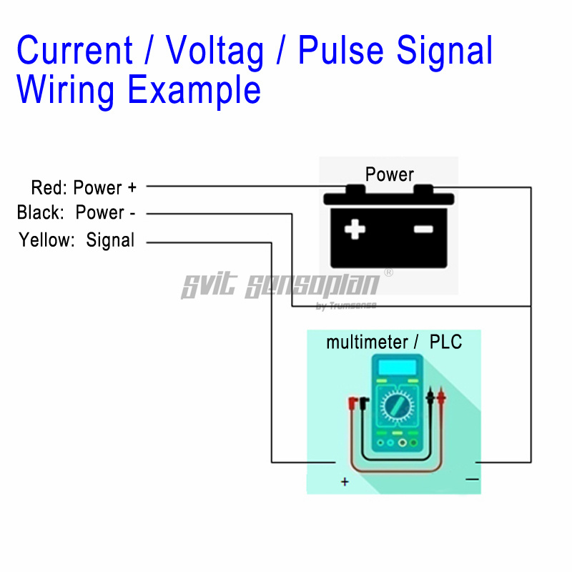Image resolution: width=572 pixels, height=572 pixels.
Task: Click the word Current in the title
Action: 74,51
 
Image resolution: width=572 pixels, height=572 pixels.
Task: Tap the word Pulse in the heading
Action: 330,51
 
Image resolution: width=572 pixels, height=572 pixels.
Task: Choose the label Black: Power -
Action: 77,212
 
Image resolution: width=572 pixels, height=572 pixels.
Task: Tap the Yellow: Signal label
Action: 77,240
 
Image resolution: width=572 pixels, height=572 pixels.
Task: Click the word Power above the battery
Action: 389,174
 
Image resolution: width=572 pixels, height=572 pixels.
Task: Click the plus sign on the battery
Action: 355,230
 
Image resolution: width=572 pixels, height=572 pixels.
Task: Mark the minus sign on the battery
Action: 423,230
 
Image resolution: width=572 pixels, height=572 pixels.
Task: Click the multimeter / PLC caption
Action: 394,342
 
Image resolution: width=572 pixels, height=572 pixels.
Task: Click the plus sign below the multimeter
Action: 345,483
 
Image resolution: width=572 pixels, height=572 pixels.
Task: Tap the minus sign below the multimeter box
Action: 472,479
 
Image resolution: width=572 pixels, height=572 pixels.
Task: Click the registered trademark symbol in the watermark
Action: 389,272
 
